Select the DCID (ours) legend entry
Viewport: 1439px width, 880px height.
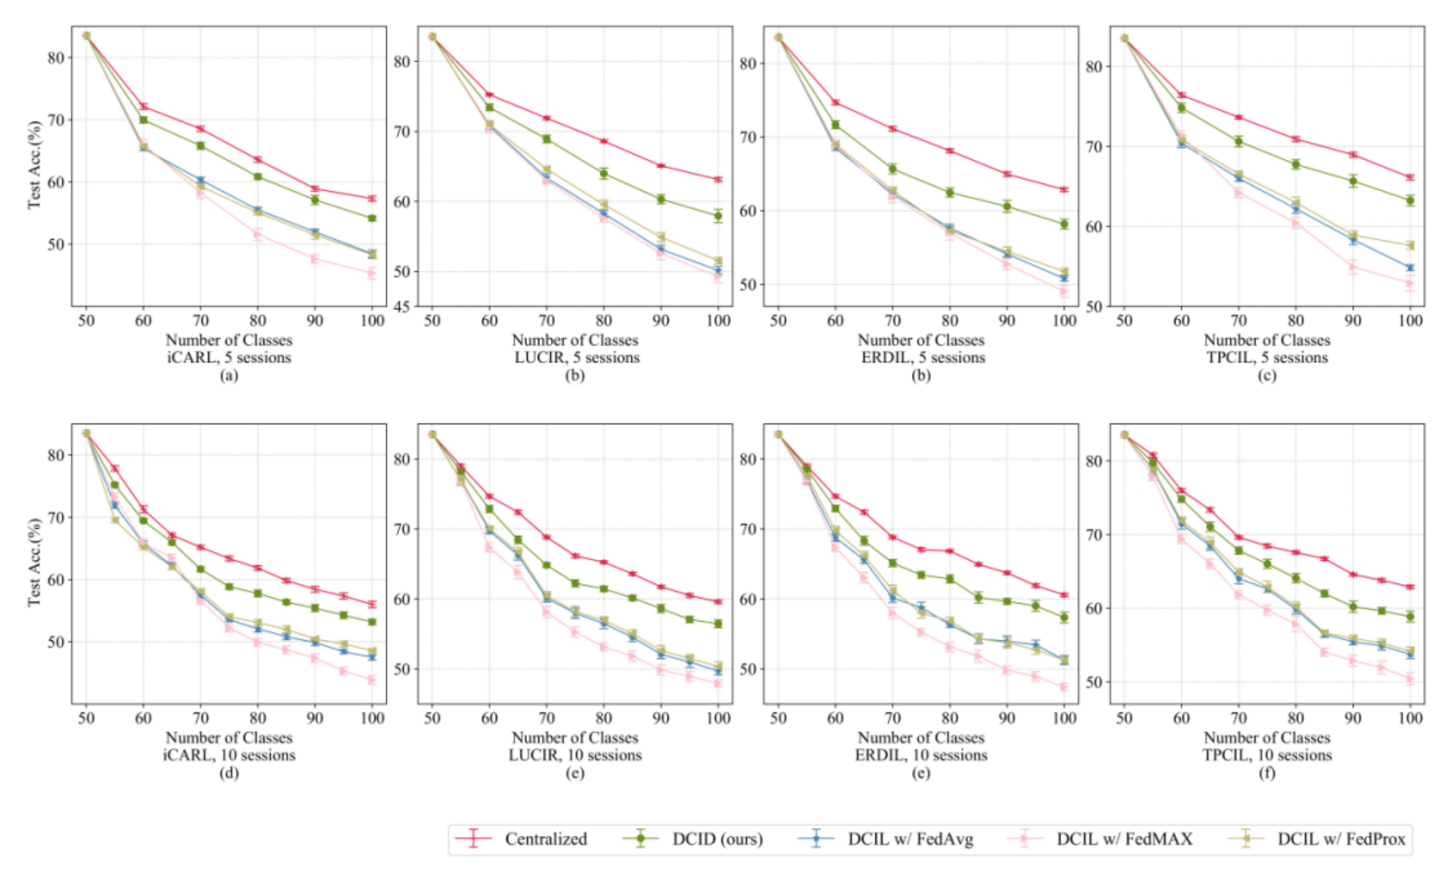[717, 839]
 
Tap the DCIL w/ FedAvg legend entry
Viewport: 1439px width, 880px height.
[910, 839]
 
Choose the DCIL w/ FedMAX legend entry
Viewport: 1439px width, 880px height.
[1124, 839]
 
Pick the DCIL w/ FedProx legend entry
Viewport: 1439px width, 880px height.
[1341, 839]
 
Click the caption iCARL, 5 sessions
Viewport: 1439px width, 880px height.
[229, 358]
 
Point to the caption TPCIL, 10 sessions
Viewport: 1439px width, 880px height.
[1267, 755]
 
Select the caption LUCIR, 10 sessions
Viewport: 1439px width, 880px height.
[575, 755]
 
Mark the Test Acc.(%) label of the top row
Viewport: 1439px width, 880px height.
[34, 165]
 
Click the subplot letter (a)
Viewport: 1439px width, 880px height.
[229, 375]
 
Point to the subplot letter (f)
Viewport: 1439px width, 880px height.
[1267, 773]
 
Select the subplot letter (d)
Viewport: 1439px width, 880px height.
[229, 773]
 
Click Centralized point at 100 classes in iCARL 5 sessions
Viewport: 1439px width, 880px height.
[372, 198]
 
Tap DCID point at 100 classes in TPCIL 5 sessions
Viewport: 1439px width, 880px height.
[1410, 200]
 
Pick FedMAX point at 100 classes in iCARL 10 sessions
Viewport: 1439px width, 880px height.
[372, 680]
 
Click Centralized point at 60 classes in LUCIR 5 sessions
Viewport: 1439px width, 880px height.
[489, 95]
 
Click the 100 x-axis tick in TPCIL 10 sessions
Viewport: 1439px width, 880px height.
[1410, 718]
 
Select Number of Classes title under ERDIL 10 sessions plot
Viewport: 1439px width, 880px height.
[921, 738]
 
